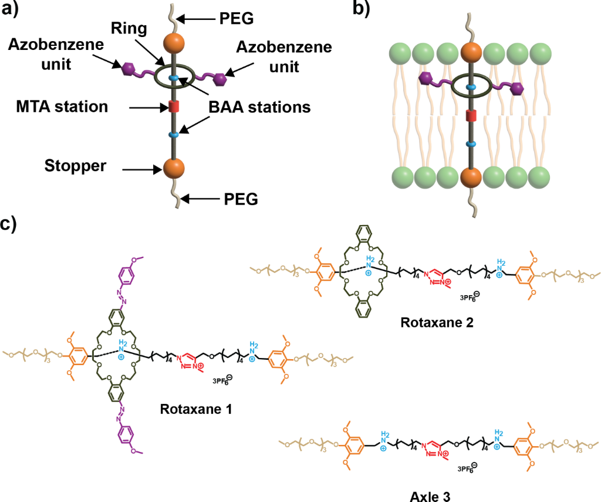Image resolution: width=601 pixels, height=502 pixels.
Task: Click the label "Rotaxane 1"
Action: [x=196, y=408]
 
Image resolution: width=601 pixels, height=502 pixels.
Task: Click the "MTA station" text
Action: [x=62, y=107]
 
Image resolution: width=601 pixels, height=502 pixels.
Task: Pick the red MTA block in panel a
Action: [x=173, y=107]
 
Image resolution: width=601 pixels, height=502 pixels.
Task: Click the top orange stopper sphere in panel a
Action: [x=173, y=44]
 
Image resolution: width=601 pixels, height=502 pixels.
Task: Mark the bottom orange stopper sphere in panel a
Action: [x=173, y=168]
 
